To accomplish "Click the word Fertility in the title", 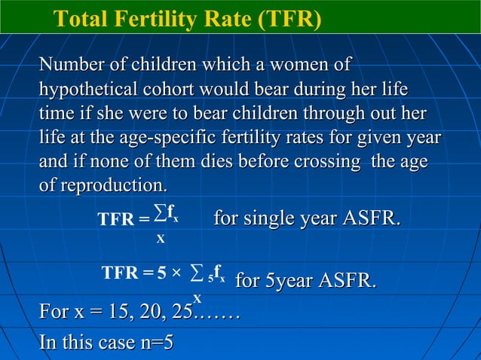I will coord(152,17).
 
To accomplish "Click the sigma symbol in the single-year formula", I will coord(159,218).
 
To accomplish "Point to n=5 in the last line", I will coord(152,343).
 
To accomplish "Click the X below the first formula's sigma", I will coord(160,239).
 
